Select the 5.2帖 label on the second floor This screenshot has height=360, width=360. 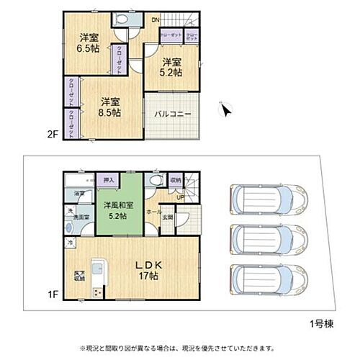(171, 67)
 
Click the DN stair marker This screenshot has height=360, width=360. (155, 19)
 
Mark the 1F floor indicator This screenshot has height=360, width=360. (53, 294)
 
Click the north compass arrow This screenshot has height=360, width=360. (226, 110)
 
